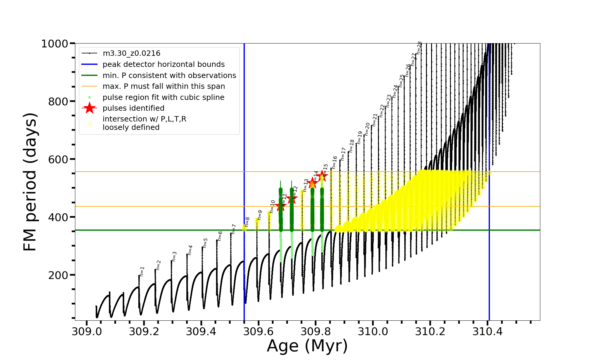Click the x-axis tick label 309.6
258,331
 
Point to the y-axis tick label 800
58,102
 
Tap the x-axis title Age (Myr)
307,346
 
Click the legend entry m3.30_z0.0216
131,53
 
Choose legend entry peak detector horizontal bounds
163,64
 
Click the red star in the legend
89,108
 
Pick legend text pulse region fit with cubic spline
163,97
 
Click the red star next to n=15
322,175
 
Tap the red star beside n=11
281,206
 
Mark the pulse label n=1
142,271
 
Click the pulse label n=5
205,243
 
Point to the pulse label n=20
367,129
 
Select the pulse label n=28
419,48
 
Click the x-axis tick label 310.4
487,331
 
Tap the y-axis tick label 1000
55,44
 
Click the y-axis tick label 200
58,275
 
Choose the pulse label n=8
247,222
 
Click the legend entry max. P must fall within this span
163,86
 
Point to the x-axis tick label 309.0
87,331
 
